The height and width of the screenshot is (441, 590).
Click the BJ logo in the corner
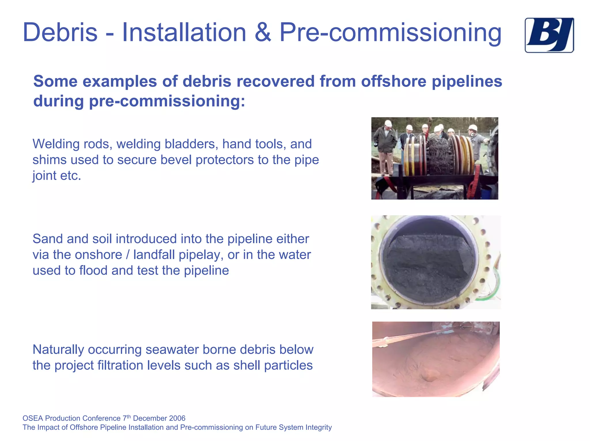tap(549, 35)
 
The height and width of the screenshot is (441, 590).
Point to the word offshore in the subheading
tap(394, 81)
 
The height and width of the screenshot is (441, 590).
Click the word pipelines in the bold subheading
tap(467, 81)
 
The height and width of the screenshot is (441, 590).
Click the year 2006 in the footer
tap(177, 418)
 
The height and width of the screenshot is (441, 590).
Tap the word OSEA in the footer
tap(33, 418)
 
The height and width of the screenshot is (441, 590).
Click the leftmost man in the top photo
tap(385, 147)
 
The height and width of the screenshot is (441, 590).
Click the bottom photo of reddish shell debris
tap(436, 359)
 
